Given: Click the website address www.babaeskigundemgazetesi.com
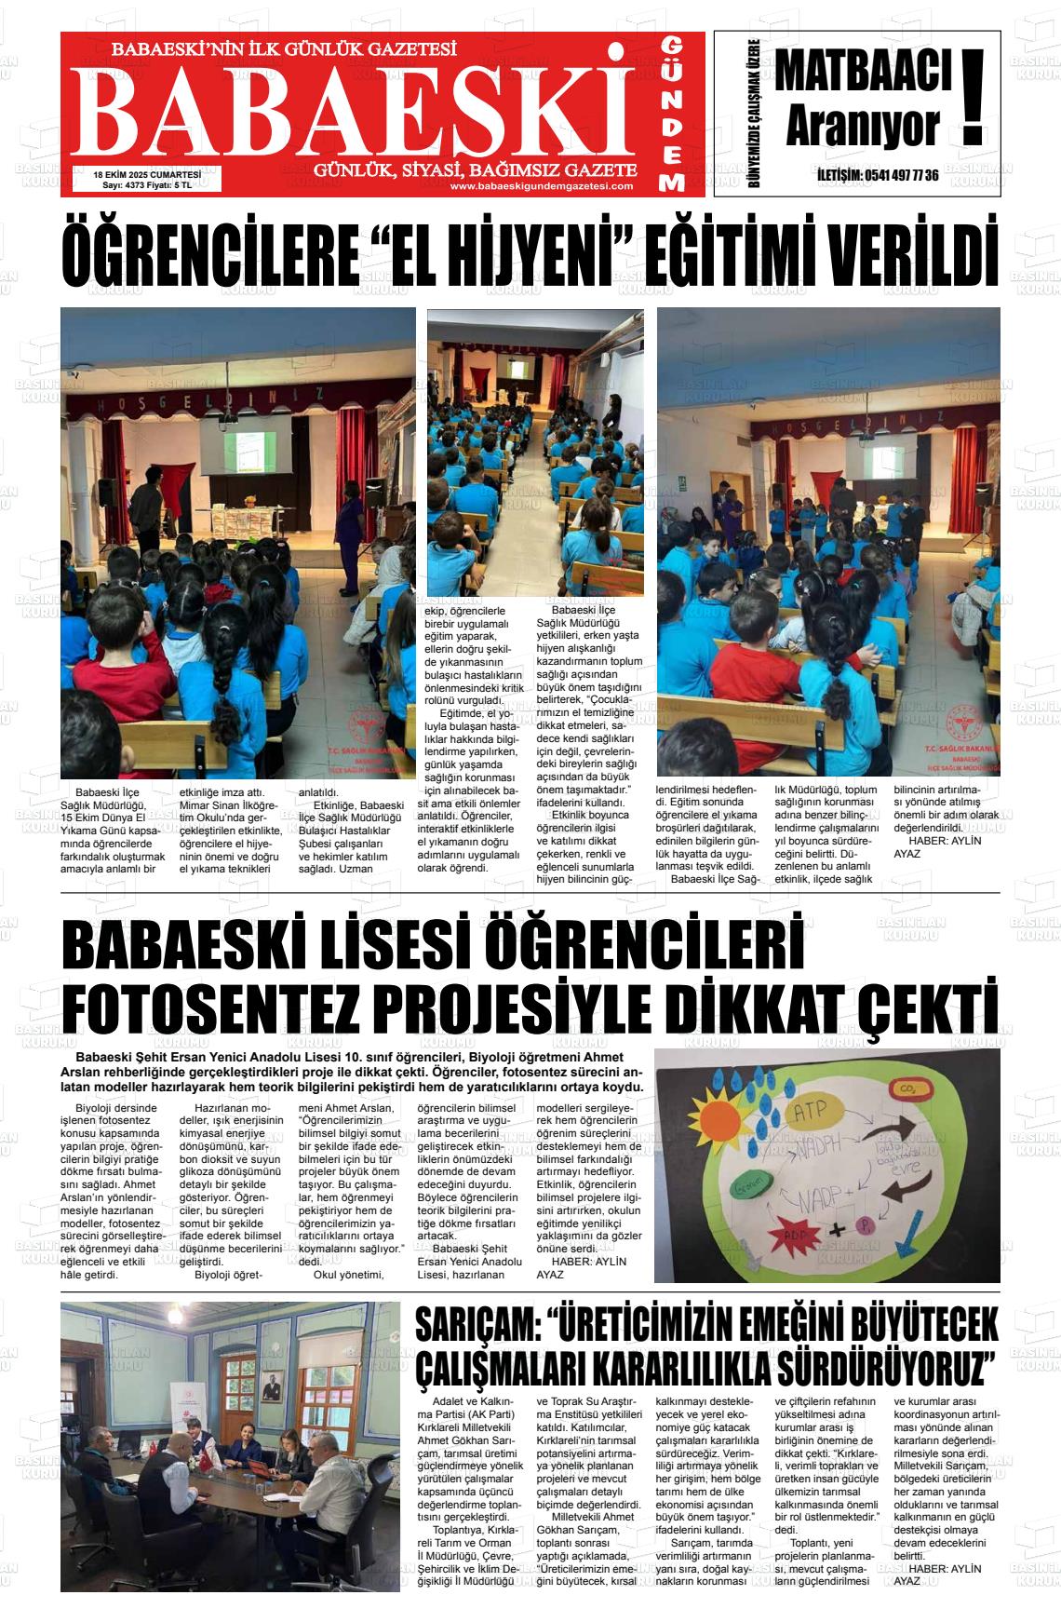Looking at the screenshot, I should coord(541,186).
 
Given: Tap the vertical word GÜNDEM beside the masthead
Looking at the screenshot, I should coord(674,115).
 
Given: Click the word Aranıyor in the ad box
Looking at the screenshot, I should coord(863,128).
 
